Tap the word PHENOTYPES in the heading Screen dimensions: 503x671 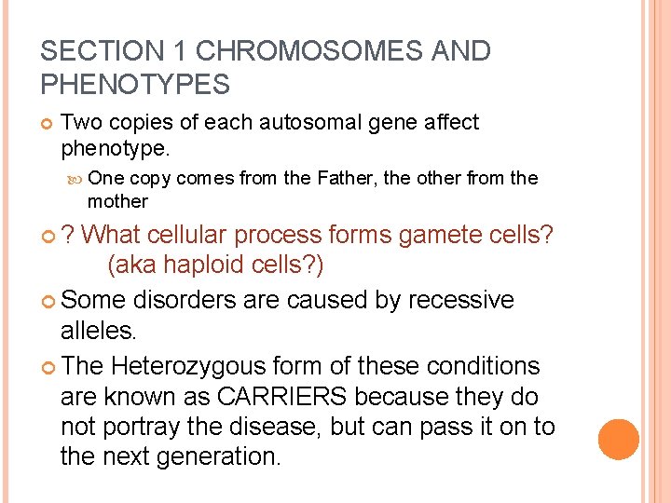(135, 86)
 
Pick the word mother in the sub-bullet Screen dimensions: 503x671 (117, 201)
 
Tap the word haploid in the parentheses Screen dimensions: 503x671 (208, 265)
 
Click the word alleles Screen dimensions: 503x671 (98, 331)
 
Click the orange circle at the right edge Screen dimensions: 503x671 (619, 440)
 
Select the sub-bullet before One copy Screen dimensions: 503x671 (76, 179)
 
